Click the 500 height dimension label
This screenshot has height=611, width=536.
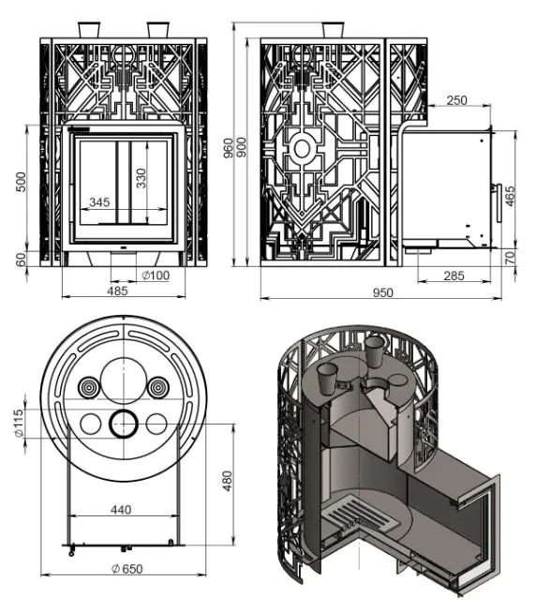click(22, 182)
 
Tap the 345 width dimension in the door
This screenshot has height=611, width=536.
click(99, 202)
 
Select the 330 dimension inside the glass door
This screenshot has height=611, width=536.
click(141, 178)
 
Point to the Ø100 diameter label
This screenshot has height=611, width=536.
click(156, 276)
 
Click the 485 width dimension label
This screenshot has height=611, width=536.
click(117, 291)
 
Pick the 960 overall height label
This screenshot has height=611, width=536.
click(229, 147)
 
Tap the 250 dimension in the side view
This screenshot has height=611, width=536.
click(456, 100)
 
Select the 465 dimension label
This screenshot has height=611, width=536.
click(510, 196)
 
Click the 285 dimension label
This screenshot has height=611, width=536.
click(454, 276)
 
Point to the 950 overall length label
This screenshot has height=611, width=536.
click(382, 292)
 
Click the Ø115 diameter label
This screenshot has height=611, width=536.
click(19, 423)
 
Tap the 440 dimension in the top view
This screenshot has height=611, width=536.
click(121, 509)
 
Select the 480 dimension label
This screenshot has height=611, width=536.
click(227, 481)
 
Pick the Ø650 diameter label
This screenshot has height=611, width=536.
click(127, 569)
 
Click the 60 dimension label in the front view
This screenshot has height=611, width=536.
click(22, 260)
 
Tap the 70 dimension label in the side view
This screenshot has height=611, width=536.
click(510, 258)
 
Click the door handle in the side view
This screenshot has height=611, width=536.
click(498, 202)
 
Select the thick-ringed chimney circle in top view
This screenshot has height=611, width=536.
click(124, 424)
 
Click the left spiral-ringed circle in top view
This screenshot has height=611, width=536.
click(89, 387)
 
